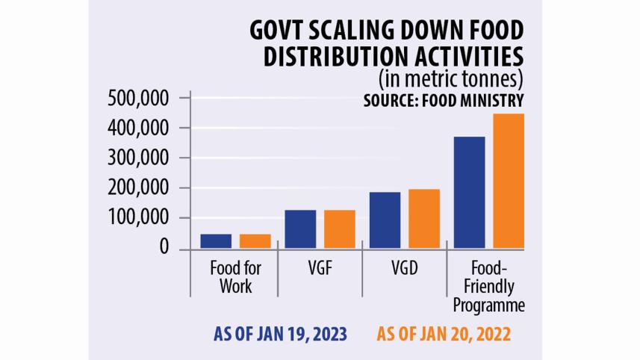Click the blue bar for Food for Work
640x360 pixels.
(x=216, y=241)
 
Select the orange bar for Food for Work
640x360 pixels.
(x=255, y=241)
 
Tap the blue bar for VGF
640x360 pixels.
(x=300, y=229)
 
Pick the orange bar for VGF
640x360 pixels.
(x=340, y=229)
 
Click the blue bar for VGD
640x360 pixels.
(x=385, y=220)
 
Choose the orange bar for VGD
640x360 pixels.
(x=424, y=219)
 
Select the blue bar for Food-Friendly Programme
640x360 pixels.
(x=469, y=193)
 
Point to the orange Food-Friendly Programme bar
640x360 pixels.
(x=509, y=181)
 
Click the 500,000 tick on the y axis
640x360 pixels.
(x=138, y=99)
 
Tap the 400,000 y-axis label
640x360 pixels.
(x=138, y=128)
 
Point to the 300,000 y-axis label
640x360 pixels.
(x=138, y=158)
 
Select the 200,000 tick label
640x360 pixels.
(x=138, y=188)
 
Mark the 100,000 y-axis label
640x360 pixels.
(x=138, y=218)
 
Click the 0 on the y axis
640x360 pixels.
(x=164, y=248)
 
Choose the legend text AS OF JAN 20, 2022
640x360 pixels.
(x=443, y=334)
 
